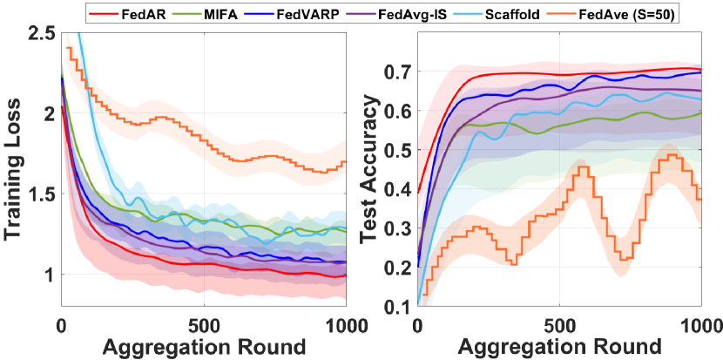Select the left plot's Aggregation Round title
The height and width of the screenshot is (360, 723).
pos(205,346)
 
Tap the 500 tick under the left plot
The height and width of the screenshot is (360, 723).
pos(205,323)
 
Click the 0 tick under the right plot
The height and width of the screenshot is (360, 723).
pos(419,323)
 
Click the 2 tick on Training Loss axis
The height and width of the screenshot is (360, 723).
pos(45,113)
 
